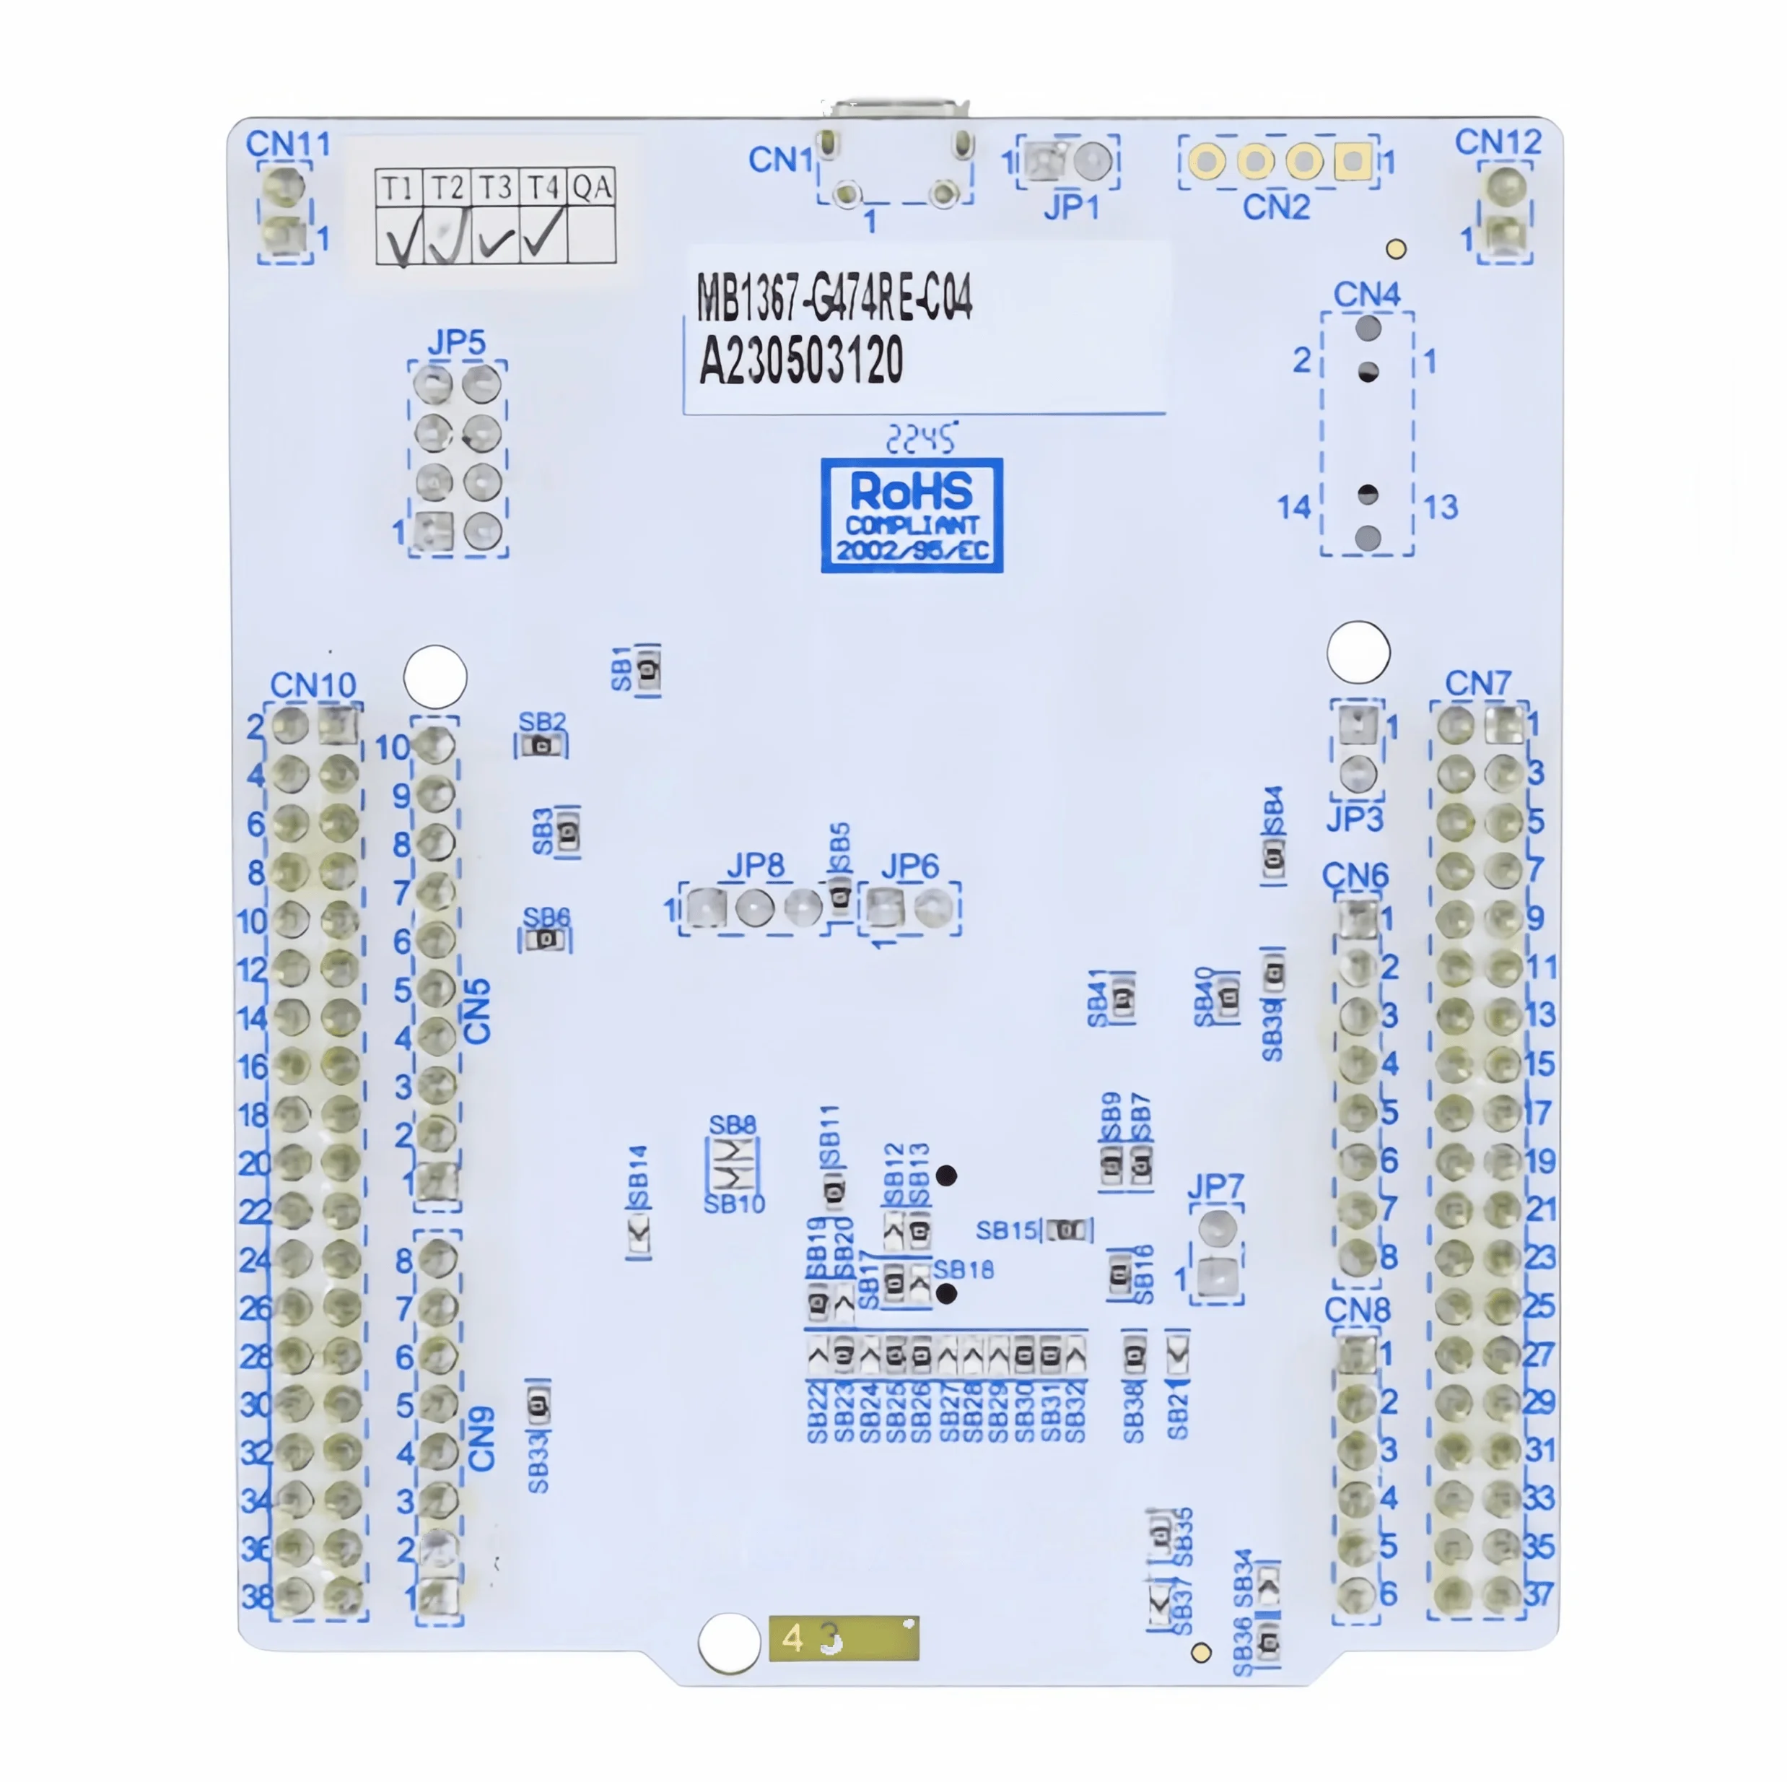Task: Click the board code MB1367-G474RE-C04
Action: [834, 298]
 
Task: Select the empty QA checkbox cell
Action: [591, 235]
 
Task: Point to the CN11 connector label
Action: [288, 144]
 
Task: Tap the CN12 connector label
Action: [1498, 142]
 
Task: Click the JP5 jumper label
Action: [456, 342]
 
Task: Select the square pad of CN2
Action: [1353, 162]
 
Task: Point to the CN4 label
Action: [1366, 294]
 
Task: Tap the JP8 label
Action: [755, 866]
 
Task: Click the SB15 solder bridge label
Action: [1006, 1230]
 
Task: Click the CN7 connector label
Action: [1477, 684]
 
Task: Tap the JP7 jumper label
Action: [1215, 1185]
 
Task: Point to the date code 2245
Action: [920, 438]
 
